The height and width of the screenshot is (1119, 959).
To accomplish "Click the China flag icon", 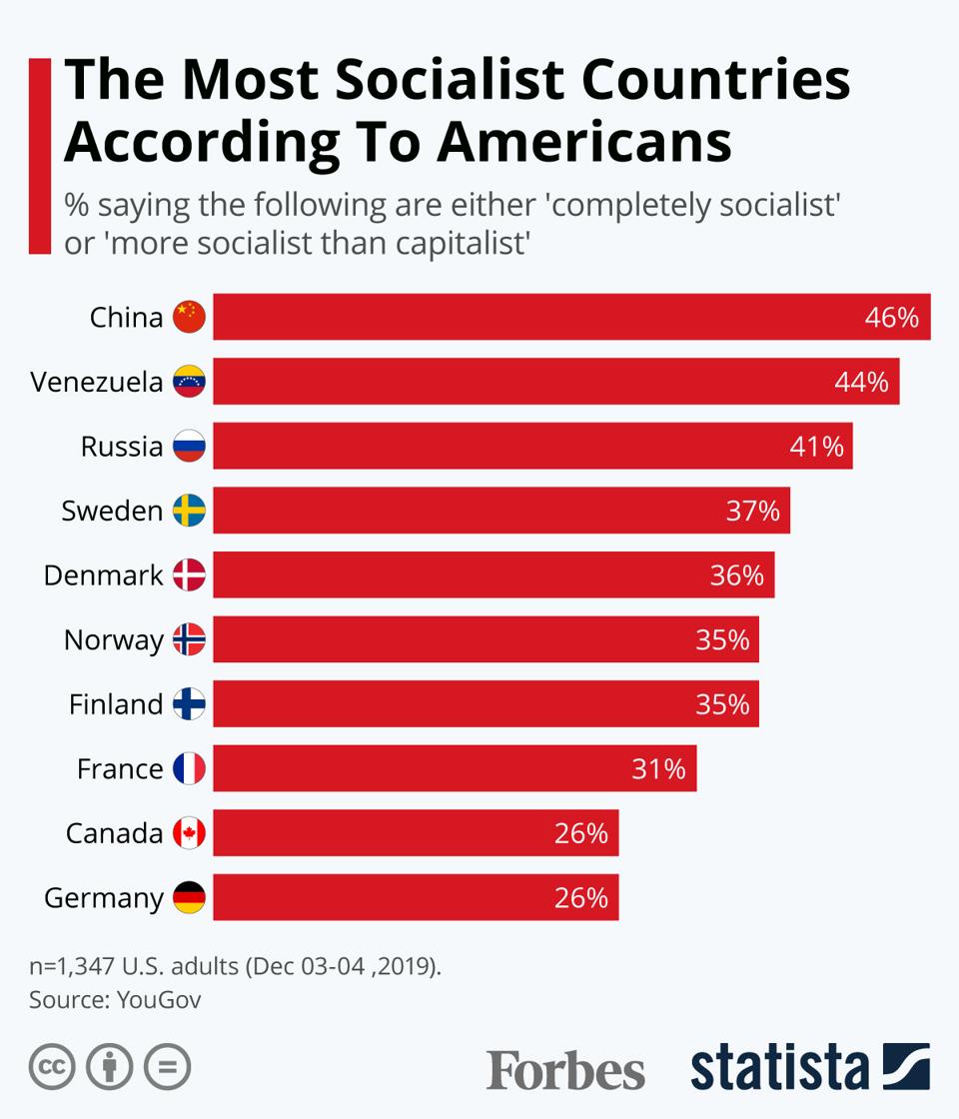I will [x=189, y=317].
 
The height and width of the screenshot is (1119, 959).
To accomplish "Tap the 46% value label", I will [x=891, y=318].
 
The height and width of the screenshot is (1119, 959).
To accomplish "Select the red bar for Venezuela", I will [x=555, y=382].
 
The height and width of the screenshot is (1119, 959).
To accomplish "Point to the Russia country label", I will [x=121, y=446].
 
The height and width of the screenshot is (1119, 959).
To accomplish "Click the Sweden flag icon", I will [x=189, y=511].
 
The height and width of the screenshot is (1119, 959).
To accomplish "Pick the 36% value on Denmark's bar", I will [x=736, y=575].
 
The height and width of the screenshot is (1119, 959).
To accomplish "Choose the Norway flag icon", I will [x=189, y=639].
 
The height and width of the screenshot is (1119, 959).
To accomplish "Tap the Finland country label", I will [x=115, y=704].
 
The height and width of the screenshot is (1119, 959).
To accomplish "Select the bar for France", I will [x=455, y=768].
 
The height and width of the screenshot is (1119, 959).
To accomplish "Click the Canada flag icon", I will [x=189, y=833].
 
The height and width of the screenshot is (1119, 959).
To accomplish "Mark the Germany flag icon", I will [x=189, y=897].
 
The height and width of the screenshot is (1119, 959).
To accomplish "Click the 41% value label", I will [x=816, y=447].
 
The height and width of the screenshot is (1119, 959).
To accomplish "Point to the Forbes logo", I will [x=565, y=1069].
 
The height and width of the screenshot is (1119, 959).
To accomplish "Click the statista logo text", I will [x=779, y=1067].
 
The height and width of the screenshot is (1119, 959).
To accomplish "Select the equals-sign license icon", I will [x=167, y=1067].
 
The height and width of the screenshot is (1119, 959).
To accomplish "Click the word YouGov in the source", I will [x=159, y=999].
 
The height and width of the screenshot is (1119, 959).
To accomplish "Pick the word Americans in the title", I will [x=583, y=141].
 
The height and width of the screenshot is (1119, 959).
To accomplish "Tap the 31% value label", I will [x=658, y=769].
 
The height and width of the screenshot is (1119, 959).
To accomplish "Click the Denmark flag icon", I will [x=189, y=574].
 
